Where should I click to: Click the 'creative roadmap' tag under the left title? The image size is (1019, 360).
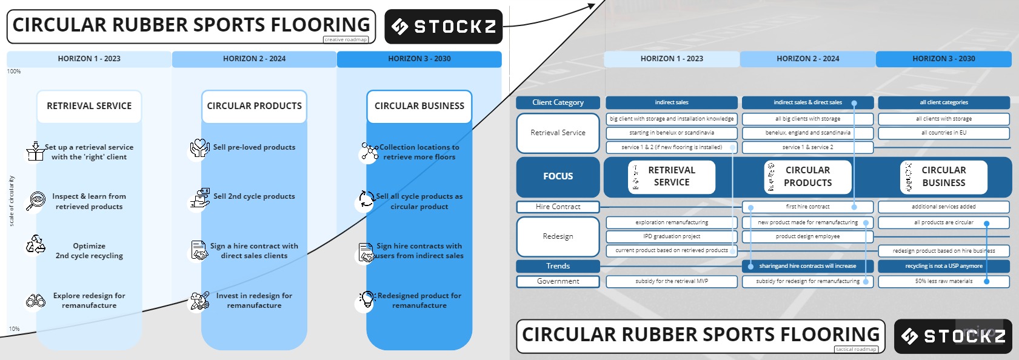346,39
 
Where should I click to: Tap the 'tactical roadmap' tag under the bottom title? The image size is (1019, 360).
856,349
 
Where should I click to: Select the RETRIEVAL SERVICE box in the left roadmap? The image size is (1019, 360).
89,106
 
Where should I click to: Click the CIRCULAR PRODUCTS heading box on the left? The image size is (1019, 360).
254,106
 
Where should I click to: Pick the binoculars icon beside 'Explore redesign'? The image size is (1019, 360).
36,301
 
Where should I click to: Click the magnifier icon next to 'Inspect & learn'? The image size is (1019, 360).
36,201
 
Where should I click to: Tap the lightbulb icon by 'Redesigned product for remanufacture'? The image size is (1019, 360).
367,299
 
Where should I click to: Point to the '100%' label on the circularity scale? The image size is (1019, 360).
14,72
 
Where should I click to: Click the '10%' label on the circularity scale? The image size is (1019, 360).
14,329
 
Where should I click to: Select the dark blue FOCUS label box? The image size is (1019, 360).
558,176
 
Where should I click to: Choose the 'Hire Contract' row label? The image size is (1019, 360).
558,207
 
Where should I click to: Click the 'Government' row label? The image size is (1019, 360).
558,281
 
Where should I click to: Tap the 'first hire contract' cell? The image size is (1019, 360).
807,207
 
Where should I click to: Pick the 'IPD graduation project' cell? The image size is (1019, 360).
672,236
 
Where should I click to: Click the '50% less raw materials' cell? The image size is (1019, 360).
943,281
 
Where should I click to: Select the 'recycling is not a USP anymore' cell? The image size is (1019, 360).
943,266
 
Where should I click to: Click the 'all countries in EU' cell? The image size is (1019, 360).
943,133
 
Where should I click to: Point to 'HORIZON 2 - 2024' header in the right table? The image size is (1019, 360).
807,59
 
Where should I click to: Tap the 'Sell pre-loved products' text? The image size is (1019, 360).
254,147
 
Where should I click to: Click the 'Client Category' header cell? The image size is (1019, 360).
558,102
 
